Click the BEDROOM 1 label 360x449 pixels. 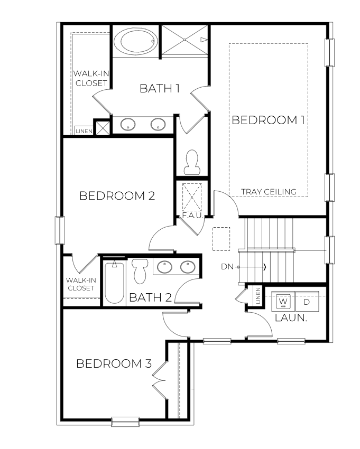268,120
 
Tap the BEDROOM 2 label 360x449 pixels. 117,196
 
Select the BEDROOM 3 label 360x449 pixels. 114,363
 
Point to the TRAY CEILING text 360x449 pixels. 268,191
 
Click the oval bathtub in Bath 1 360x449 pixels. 136,41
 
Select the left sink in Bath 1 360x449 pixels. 128,125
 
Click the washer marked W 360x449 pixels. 283,302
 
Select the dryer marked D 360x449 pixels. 307,302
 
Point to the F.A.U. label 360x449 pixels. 191,216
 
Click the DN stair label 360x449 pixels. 227,267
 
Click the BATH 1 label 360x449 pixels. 159,88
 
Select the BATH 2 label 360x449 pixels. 151,297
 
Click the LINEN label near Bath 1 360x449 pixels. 84,130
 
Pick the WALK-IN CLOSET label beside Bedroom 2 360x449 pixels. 80,284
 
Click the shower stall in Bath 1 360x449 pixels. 185,40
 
